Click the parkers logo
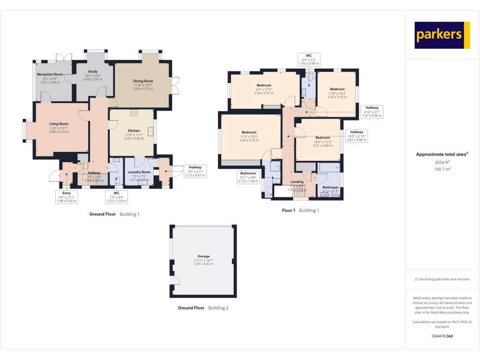442,35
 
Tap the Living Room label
59,124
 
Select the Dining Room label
143,81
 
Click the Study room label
92,71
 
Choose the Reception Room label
50,74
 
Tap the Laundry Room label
139,172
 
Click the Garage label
203,256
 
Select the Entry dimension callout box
67,197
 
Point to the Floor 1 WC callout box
309,59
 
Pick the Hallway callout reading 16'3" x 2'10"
356,136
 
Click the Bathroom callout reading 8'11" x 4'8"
248,177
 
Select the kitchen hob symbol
134,112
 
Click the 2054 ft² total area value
442,162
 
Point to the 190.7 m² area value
442,169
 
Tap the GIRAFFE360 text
442,336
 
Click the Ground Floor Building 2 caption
203,308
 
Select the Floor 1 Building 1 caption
300,210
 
